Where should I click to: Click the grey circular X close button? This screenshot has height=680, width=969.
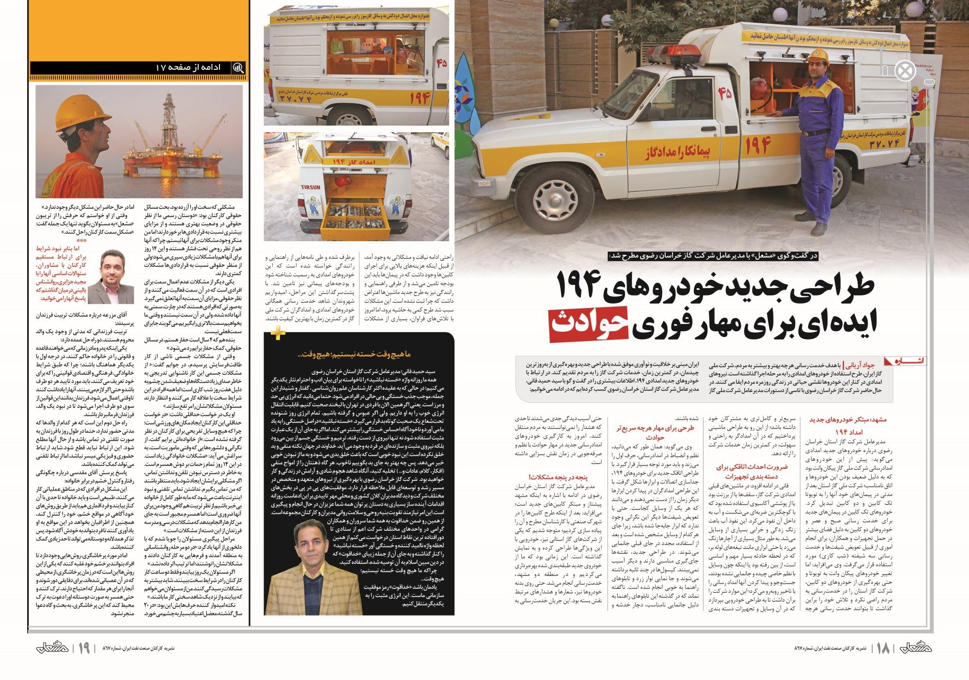[x=905, y=71]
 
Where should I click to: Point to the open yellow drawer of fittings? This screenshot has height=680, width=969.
[x=356, y=217]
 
